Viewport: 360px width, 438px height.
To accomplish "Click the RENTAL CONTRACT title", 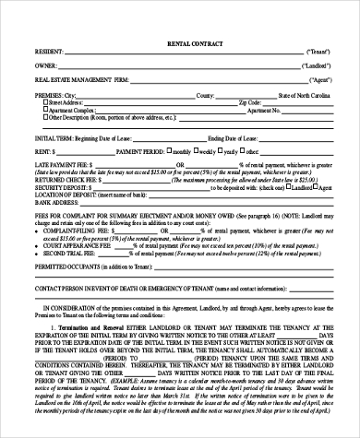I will pos(179,43).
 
